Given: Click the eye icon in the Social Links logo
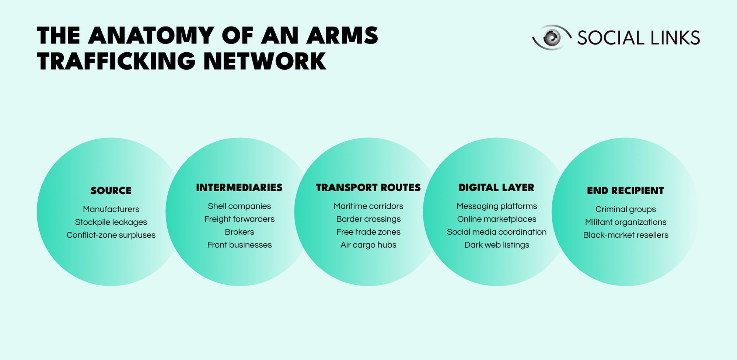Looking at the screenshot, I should (551, 37).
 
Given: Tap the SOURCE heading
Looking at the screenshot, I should (111, 191).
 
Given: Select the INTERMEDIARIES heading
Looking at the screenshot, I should (239, 188).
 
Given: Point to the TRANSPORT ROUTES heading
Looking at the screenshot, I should (368, 188).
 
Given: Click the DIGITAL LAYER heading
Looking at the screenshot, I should (496, 188).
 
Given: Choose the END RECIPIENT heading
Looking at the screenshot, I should (625, 191).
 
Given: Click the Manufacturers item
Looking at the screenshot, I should (111, 209).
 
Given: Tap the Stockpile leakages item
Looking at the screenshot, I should (111, 222).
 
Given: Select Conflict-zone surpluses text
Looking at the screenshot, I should (111, 235).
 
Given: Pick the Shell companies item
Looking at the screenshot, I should (239, 206).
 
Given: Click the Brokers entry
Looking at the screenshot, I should (239, 232).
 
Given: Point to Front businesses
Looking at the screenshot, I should (239, 245).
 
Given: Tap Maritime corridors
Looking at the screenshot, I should (368, 206).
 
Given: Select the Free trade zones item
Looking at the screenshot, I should (368, 232).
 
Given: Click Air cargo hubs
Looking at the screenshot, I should (368, 245).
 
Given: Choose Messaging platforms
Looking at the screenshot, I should (496, 206).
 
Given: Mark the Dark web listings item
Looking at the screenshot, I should (496, 245).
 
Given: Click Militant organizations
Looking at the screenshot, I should (625, 222).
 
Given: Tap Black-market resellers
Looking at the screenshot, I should (625, 235).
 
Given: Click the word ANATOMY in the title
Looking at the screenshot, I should (151, 36).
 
